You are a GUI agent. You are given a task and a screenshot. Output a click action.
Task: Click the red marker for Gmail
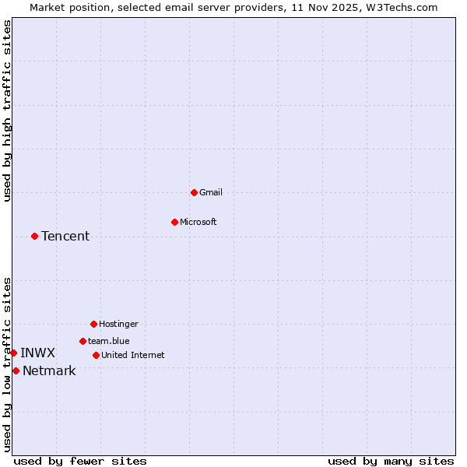(x=194, y=192)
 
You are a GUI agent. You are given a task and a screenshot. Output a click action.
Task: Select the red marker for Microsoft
(x=174, y=222)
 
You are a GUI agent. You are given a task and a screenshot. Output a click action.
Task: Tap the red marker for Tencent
(x=34, y=236)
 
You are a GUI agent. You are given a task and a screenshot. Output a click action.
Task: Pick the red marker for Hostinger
(x=93, y=324)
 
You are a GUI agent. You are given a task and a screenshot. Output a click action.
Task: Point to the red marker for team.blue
(x=83, y=341)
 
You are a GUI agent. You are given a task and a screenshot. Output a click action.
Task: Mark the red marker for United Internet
(x=96, y=355)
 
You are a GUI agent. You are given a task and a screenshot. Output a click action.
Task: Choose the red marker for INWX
(x=13, y=353)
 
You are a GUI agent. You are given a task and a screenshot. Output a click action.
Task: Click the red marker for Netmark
(x=16, y=370)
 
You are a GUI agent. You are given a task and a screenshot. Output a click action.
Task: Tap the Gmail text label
(x=211, y=192)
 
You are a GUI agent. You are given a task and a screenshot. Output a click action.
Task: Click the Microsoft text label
(x=198, y=222)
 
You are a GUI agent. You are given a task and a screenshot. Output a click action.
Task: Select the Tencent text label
(x=65, y=236)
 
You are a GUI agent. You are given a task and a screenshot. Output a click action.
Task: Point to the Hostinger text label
(x=118, y=324)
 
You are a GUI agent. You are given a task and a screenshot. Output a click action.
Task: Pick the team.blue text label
(x=109, y=341)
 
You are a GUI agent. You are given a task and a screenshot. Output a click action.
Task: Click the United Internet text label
(x=133, y=355)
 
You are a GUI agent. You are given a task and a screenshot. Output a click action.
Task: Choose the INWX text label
(x=37, y=353)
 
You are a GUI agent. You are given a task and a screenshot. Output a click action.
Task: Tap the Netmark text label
(x=49, y=370)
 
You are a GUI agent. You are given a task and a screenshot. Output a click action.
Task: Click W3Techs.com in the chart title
(x=402, y=8)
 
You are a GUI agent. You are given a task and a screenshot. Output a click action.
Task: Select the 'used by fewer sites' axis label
(x=80, y=461)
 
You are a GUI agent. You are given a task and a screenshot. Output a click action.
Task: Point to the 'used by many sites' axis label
(x=391, y=461)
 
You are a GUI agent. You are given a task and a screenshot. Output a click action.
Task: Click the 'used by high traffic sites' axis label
(x=8, y=111)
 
